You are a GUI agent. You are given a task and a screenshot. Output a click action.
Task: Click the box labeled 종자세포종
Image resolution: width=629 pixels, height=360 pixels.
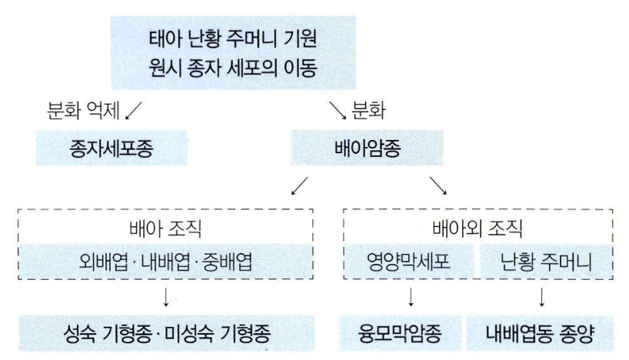tap(111, 148)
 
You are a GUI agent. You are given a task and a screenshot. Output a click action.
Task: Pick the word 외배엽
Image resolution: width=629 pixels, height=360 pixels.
tap(101, 262)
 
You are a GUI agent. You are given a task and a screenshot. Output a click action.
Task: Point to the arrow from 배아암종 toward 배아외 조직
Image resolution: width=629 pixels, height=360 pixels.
tap(438, 185)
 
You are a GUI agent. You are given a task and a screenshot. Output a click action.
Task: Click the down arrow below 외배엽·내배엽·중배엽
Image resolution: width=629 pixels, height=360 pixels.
tap(166, 297)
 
